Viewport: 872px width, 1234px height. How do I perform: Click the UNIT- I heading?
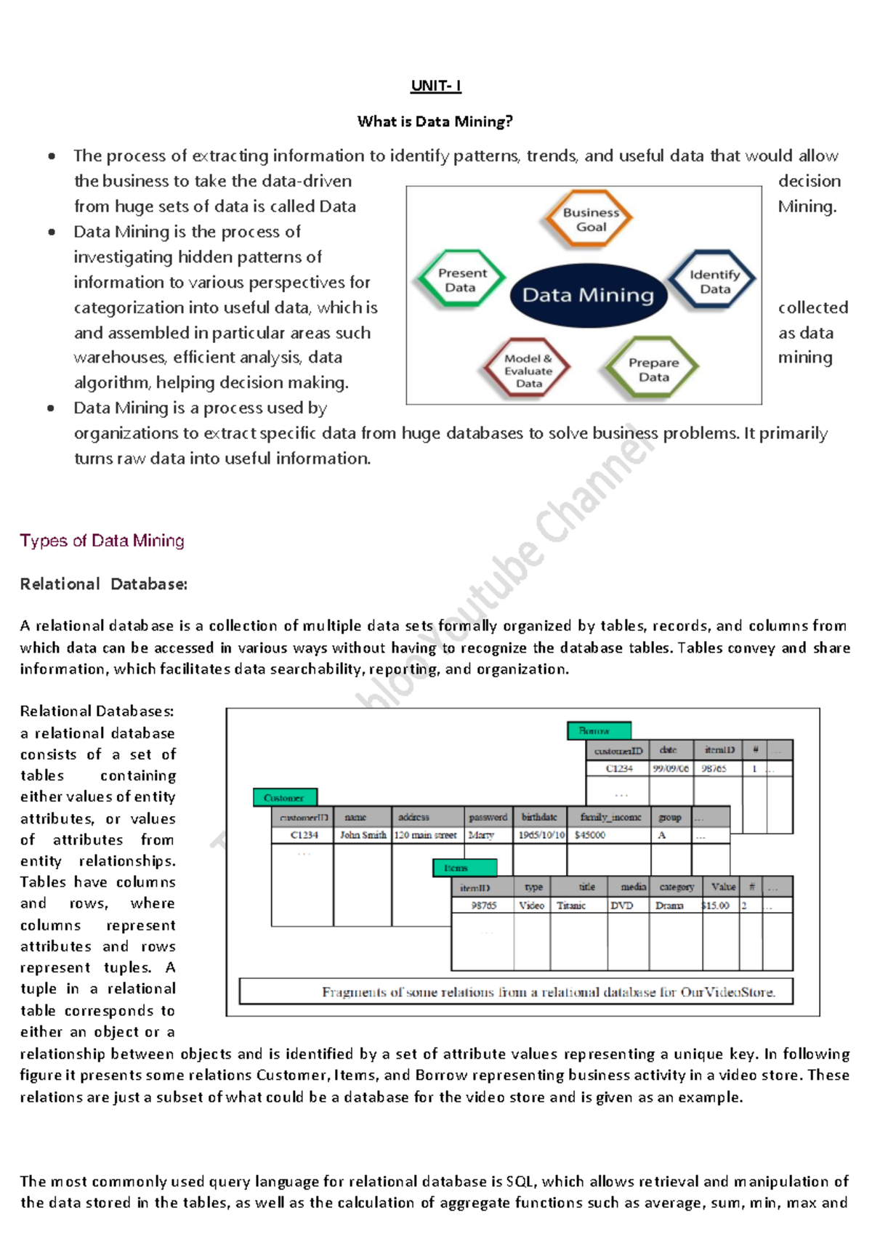(x=435, y=86)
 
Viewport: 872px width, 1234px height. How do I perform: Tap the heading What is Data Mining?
(x=435, y=121)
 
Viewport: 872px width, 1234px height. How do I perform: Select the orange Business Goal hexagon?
(x=590, y=219)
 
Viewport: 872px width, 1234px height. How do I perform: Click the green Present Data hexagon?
(x=461, y=280)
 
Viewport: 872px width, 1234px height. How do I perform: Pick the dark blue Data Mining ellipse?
(x=588, y=295)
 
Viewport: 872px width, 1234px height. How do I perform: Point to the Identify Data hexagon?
(x=714, y=281)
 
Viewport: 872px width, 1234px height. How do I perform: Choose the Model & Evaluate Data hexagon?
(x=528, y=370)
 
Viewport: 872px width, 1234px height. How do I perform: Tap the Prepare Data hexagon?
(x=653, y=369)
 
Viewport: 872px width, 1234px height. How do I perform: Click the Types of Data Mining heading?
(x=102, y=541)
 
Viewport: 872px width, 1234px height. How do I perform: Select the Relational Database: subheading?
(x=103, y=584)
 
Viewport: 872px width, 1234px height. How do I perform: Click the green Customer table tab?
(x=285, y=797)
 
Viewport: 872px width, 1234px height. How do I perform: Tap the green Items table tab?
(x=464, y=868)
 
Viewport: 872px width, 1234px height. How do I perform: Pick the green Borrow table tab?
(x=599, y=730)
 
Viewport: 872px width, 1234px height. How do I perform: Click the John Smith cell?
(x=363, y=835)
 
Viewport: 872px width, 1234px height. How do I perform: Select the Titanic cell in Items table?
(x=571, y=906)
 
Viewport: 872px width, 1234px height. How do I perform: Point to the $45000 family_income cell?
(x=590, y=835)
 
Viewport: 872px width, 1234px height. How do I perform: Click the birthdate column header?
(x=539, y=817)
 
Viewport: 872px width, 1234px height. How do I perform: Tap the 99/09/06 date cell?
(x=670, y=768)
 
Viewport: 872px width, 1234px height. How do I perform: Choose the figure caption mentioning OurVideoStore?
(x=548, y=992)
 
